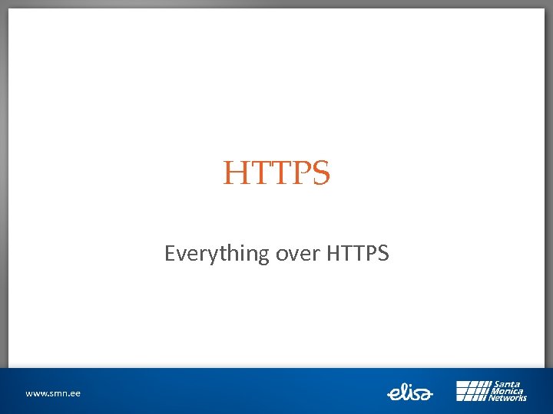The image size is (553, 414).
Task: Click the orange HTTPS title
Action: pos(276,174)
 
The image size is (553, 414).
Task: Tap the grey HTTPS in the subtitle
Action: pos(358,252)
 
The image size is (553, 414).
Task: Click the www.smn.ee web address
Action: pos(53,393)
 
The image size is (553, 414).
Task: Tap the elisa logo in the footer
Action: pos(410,393)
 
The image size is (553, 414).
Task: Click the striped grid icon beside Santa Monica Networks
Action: pos(472,391)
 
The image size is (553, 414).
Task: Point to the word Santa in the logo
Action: pos(508,384)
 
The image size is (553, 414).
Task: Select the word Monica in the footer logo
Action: pos(508,391)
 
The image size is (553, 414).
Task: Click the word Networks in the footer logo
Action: pos(510,398)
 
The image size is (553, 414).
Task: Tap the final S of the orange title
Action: pos(320,174)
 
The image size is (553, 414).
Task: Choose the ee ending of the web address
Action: pos(74,393)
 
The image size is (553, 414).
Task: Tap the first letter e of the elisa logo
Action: pos(392,394)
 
